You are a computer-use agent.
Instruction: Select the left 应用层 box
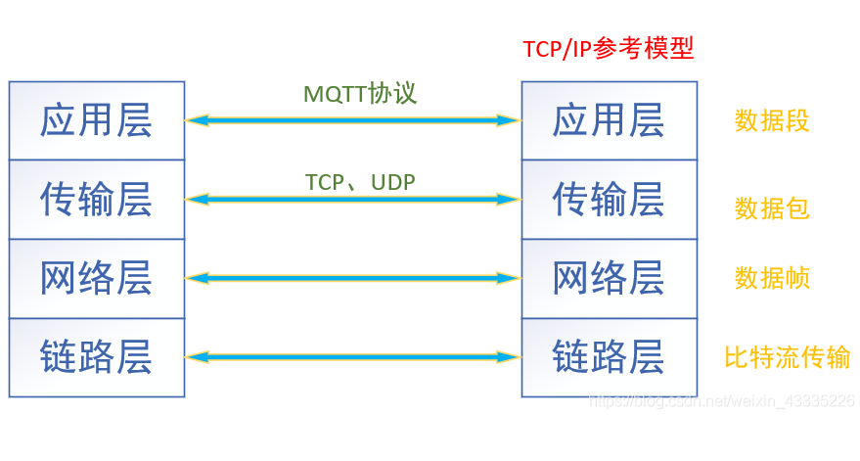coord(97,120)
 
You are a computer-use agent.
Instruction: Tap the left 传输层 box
coord(97,200)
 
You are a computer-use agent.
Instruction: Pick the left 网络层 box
coord(97,279)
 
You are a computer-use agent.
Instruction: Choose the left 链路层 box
coord(97,357)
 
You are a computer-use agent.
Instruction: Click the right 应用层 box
coord(609,120)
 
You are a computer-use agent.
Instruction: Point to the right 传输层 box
coord(609,200)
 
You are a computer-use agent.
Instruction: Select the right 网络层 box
coord(609,279)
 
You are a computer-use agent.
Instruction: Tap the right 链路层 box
coord(609,357)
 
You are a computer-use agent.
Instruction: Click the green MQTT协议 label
coord(360,94)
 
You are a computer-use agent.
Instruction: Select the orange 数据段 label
coord(772,120)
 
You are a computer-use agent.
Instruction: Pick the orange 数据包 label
coord(772,208)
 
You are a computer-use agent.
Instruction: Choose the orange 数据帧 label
coord(772,278)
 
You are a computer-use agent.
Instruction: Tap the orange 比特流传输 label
coord(787,357)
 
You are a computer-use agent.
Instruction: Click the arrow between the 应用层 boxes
coord(352,120)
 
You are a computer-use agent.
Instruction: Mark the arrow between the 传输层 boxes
coord(352,200)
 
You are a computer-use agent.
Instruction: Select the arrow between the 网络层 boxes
coord(352,279)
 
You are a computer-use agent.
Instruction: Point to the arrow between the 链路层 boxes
coord(352,357)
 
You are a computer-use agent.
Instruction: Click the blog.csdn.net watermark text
coord(724,401)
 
